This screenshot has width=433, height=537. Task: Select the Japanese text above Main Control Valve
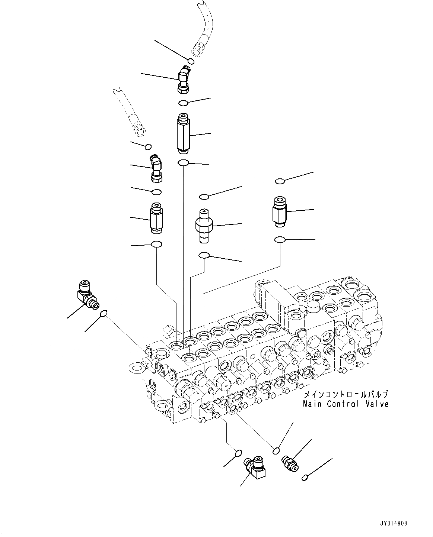[x=346, y=395]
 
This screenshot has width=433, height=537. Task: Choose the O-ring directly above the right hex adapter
[x=280, y=181]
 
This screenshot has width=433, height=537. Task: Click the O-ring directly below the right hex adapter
[x=280, y=240]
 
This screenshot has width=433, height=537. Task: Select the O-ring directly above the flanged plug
[x=204, y=196]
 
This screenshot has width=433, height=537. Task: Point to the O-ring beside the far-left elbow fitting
[x=104, y=314]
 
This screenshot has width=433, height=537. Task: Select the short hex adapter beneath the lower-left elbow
[x=156, y=219]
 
